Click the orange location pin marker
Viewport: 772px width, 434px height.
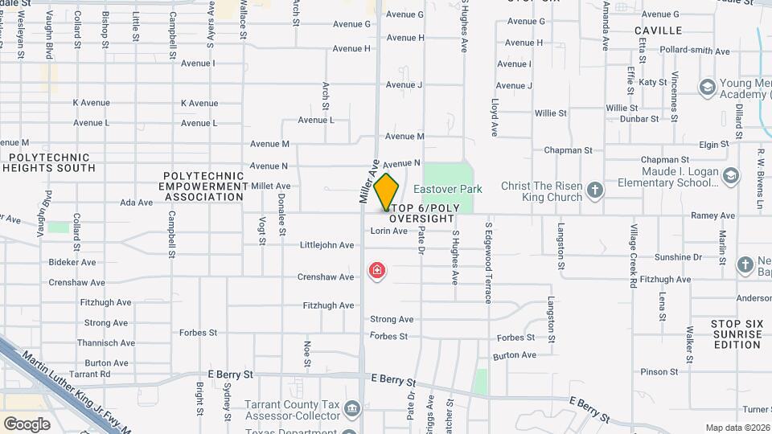tap(387, 191)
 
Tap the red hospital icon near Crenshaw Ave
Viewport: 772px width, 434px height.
tap(376, 270)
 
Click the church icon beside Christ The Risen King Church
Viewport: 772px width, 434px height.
tap(594, 190)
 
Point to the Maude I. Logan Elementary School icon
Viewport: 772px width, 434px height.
tap(730, 175)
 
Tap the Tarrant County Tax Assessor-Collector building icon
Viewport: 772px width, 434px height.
tap(351, 409)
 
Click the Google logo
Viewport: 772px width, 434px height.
tap(27, 424)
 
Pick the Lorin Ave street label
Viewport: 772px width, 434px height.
tap(388, 231)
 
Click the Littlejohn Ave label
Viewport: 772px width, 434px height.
tap(326, 245)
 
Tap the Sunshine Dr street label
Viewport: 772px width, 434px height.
tap(678, 258)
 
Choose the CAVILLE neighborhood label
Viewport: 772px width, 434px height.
tap(658, 31)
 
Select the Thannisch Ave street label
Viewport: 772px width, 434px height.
tap(105, 343)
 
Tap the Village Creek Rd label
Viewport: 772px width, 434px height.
tap(634, 257)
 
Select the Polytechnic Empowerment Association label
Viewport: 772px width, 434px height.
tap(203, 186)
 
